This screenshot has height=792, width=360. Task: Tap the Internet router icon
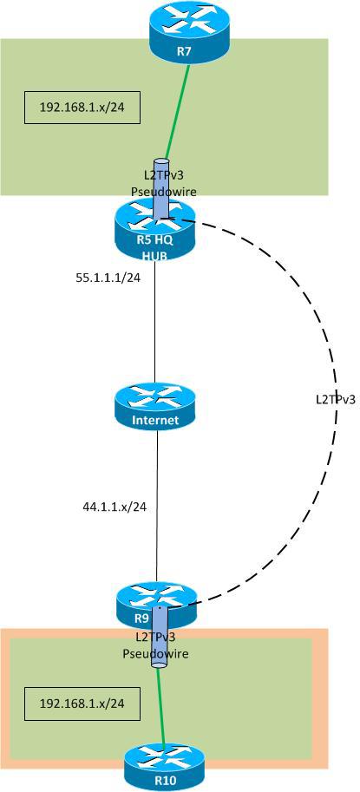[x=156, y=407]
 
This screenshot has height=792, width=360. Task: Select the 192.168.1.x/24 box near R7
[x=82, y=108]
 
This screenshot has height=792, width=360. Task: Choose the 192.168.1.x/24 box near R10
[x=82, y=704]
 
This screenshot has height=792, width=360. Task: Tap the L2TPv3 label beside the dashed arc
[x=336, y=401]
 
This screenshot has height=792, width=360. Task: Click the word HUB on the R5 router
[x=155, y=255]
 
